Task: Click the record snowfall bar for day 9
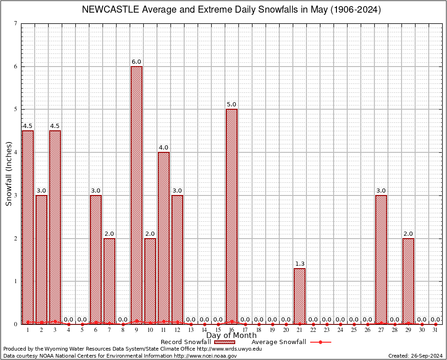(x=136, y=195)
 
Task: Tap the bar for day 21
(x=299, y=296)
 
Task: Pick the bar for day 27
(x=381, y=260)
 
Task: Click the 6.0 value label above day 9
(x=136, y=62)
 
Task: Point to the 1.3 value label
(x=299, y=264)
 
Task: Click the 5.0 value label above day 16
(x=231, y=105)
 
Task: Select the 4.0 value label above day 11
(x=164, y=148)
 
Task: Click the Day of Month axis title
(x=231, y=335)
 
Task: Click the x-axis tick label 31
(x=435, y=330)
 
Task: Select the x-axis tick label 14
(x=204, y=330)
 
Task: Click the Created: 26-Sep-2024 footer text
(x=416, y=356)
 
